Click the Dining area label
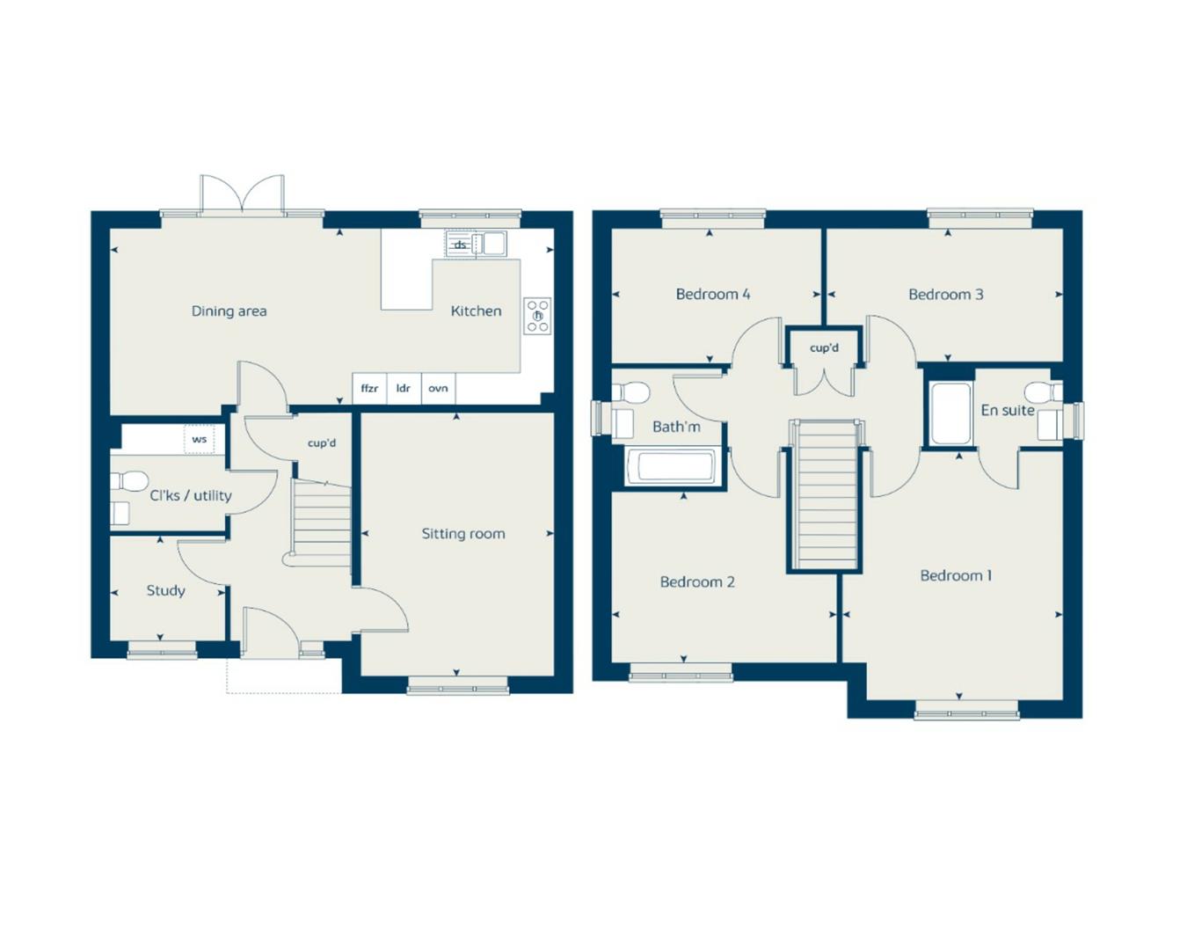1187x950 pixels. pos(229,311)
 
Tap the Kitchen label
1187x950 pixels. pos(476,311)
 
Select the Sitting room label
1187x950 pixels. pos(462,533)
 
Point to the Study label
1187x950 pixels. pos(165,590)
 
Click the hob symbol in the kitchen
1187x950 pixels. pos(537,316)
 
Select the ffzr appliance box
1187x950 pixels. pos(369,388)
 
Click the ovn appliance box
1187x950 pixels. pos(438,388)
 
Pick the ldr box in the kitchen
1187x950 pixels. pos(404,388)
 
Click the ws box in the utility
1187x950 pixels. pos(199,439)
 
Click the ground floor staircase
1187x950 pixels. pos(321,522)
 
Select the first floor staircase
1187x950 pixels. pos(824,495)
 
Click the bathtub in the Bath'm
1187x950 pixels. pos(674,466)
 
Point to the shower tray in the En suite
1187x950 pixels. pos(950,413)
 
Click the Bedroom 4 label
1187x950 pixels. pos(712,294)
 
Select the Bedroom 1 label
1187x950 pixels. pos(956,575)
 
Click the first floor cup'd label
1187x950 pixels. pos(824,347)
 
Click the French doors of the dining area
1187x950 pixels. pos(242,195)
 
